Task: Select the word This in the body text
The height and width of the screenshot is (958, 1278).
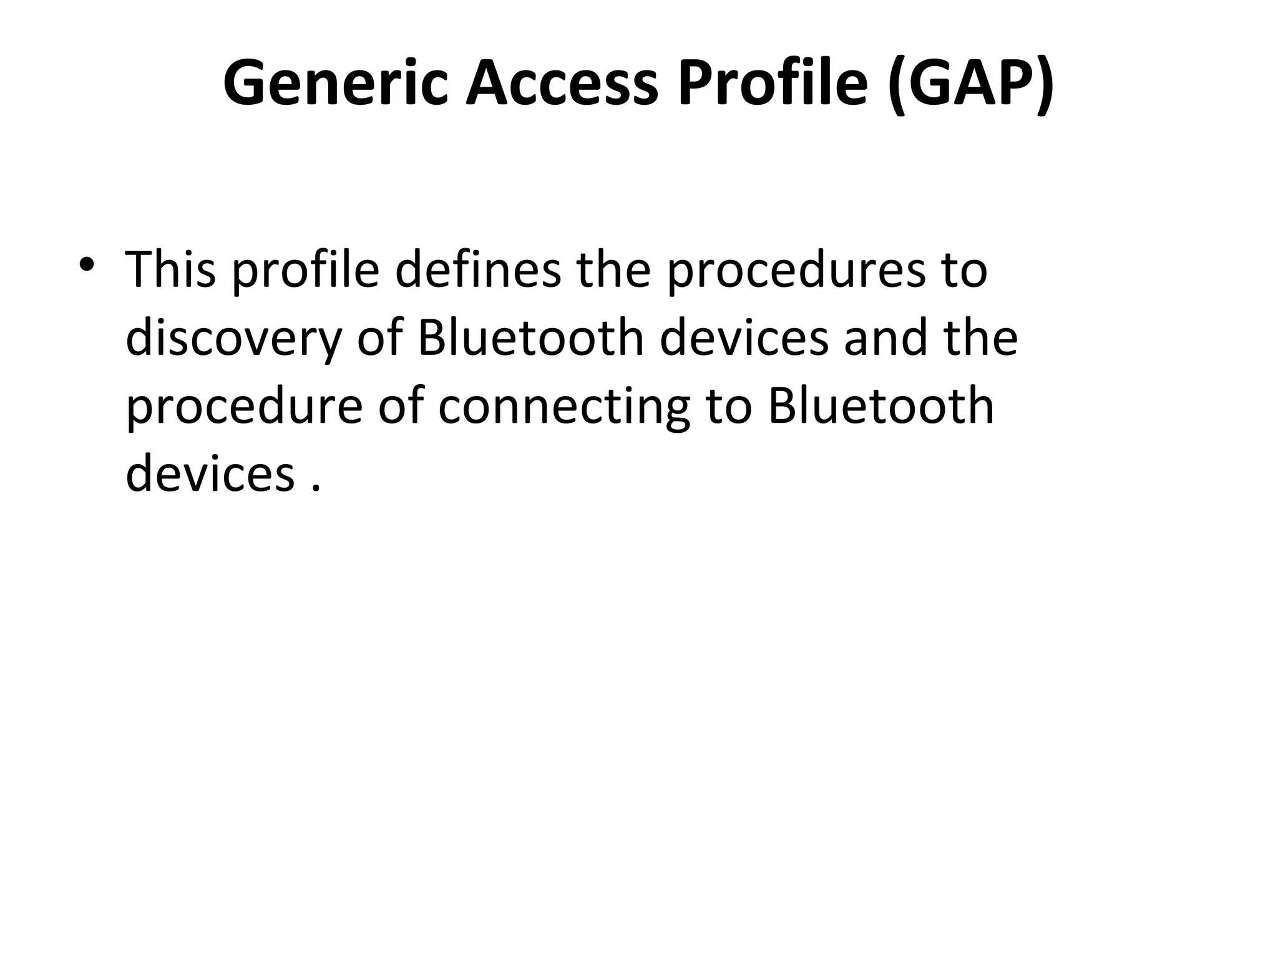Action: [x=170, y=269]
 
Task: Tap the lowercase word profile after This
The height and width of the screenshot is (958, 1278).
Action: [x=306, y=269]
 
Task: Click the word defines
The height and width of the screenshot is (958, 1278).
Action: [x=478, y=269]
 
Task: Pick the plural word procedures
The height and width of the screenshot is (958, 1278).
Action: [x=796, y=269]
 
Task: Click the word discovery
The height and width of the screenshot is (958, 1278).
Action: [x=234, y=338]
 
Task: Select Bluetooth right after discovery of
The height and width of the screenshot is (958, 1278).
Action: [x=530, y=338]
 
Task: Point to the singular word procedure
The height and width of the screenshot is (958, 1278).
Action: [x=244, y=407]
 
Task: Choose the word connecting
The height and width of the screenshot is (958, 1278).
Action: [x=564, y=407]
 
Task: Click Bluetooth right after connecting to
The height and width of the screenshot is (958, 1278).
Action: [x=880, y=407]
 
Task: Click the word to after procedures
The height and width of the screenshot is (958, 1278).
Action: [x=965, y=269]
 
